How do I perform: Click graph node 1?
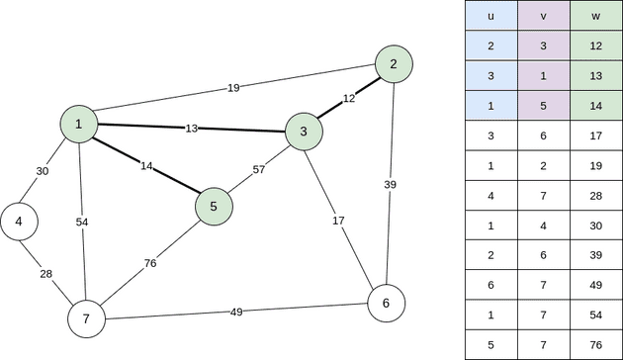tap(77, 124)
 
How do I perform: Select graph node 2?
tap(394, 64)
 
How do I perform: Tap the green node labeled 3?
tap(304, 131)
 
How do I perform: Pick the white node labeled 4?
tap(19, 222)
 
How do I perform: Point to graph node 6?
tap(386, 302)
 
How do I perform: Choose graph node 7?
tap(86, 318)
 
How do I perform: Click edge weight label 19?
tap(233, 88)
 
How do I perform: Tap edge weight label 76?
tap(150, 263)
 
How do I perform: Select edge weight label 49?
tap(237, 312)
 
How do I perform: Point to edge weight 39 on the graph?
tap(391, 184)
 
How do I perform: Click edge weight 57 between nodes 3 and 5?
tap(259, 169)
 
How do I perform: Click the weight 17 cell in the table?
tap(591, 135)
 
